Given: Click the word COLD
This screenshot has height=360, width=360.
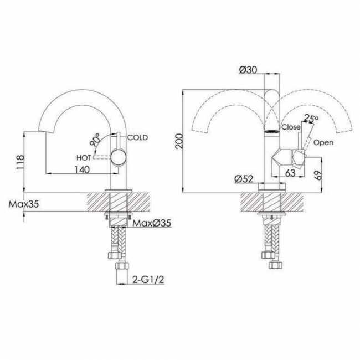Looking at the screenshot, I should pyautogui.click(x=137, y=137).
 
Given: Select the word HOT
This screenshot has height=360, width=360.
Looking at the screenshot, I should pyautogui.click(x=83, y=157).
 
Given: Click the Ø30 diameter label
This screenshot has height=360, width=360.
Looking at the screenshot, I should pyautogui.click(x=248, y=70).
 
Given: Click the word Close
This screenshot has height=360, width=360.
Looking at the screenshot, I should pyautogui.click(x=291, y=127).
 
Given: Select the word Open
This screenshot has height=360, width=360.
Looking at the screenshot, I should pyautogui.click(x=323, y=142).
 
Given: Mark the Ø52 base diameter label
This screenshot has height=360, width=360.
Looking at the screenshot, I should pyautogui.click(x=244, y=178).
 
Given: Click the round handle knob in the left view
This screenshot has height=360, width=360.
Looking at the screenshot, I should pyautogui.click(x=117, y=158).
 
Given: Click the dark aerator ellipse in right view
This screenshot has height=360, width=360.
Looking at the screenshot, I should pyautogui.click(x=271, y=131).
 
